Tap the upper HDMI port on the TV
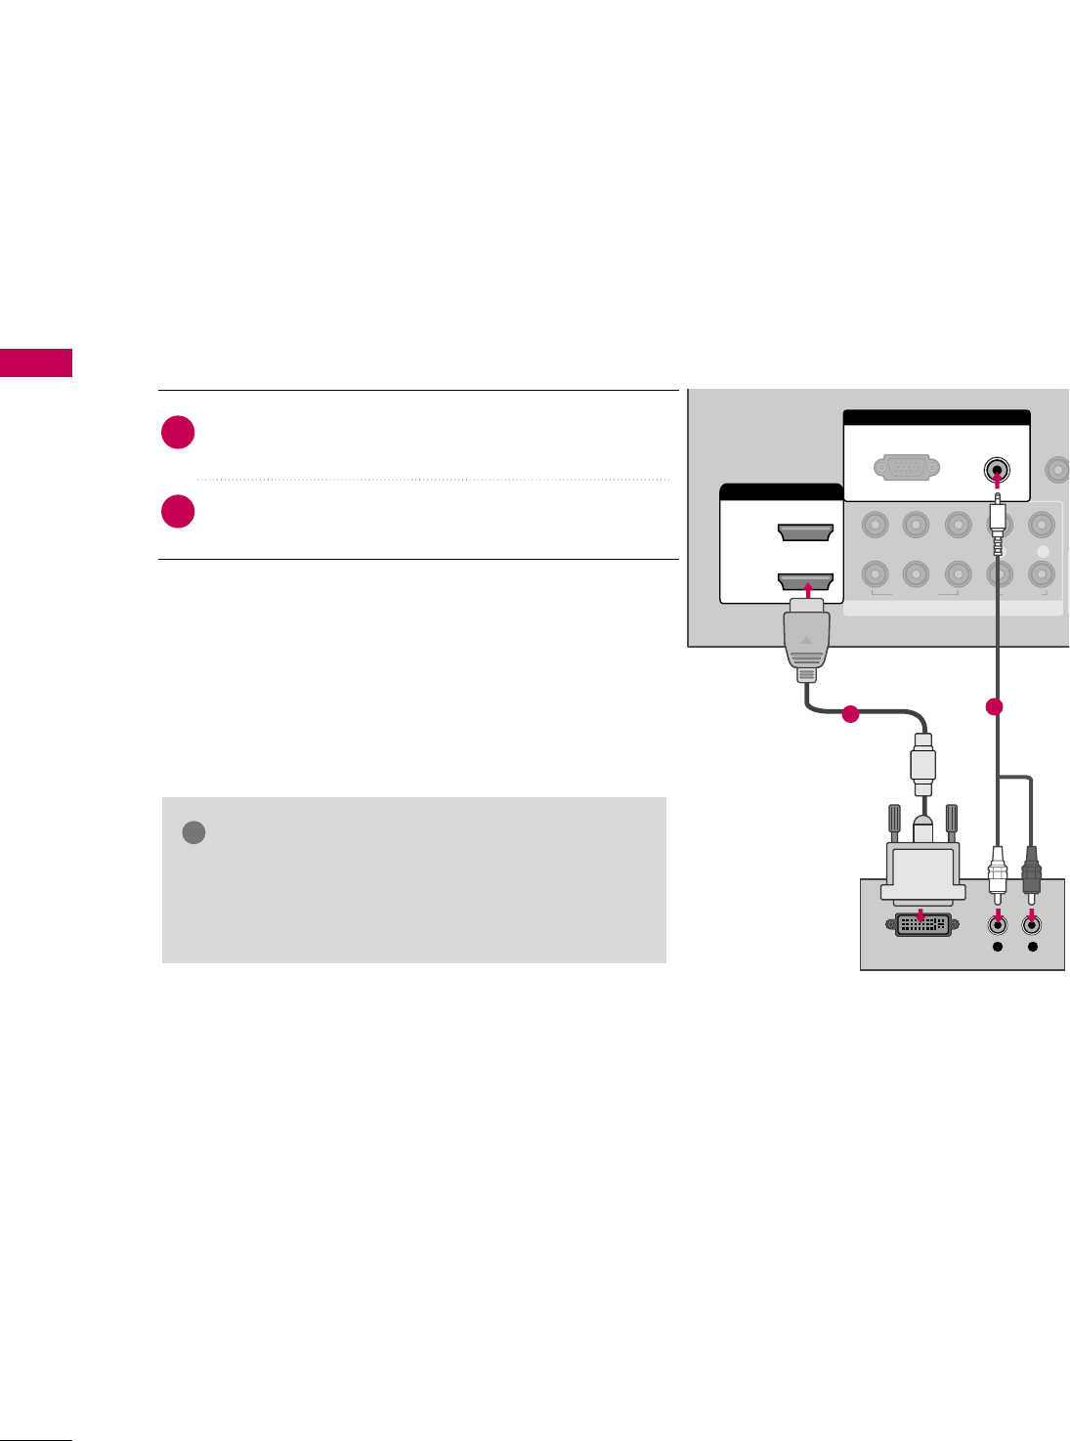(x=804, y=533)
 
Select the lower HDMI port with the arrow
(x=804, y=582)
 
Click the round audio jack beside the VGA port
(x=997, y=469)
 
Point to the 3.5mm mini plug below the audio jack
(x=997, y=518)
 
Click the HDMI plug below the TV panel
(x=806, y=642)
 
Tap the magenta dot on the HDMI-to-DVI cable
(x=850, y=714)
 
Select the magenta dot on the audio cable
(x=995, y=706)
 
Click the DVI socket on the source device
(x=921, y=923)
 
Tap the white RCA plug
(x=997, y=871)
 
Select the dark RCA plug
(x=1032, y=869)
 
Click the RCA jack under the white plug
(x=997, y=923)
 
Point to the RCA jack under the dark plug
(x=1032, y=923)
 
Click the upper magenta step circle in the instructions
(x=178, y=433)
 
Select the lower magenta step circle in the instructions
(x=178, y=512)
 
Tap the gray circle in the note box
(x=193, y=832)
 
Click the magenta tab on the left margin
(x=36, y=362)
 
